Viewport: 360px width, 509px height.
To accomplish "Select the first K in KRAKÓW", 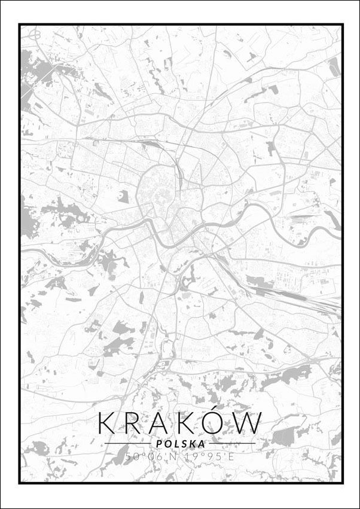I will point(106,423).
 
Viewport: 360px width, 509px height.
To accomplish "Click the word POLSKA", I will point(180,444).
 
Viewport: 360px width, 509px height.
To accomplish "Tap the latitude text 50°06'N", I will point(151,457).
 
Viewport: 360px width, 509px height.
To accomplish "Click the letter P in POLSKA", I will point(157,444).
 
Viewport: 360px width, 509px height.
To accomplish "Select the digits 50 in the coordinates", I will point(132,457).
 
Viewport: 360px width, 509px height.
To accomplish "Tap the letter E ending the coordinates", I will point(231,457).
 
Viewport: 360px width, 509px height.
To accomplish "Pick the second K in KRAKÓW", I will point(184,423).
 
